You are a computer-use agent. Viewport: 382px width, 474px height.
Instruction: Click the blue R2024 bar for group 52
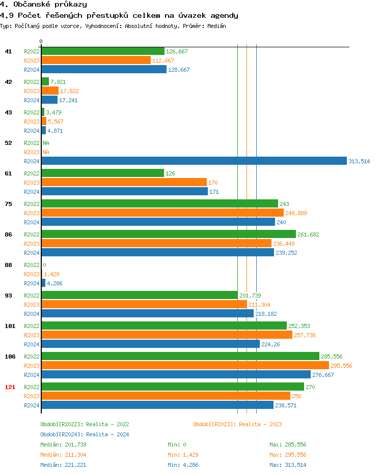[x=194, y=161]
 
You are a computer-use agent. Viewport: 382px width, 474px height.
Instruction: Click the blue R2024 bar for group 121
[x=157, y=405]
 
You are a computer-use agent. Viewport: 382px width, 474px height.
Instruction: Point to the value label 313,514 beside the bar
[x=359, y=161]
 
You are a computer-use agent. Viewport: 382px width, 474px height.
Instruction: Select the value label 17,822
[x=69, y=91]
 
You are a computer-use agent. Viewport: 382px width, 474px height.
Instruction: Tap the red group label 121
[x=10, y=387]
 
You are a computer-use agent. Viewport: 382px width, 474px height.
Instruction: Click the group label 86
[x=8, y=234]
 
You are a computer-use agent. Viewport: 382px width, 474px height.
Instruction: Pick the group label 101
[x=10, y=326]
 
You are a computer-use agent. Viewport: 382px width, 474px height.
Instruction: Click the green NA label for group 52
[x=46, y=143]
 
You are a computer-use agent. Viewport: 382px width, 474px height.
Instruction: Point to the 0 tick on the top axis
[x=41, y=41]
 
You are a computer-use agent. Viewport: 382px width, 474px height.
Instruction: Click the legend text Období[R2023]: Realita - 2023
[x=237, y=424]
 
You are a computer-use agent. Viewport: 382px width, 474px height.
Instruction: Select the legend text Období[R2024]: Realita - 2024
[x=85, y=434]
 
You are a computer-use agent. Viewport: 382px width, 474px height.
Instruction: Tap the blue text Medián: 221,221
[x=63, y=465]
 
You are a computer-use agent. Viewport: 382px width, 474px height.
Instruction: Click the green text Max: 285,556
[x=288, y=445]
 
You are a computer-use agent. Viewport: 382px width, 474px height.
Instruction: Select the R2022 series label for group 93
[x=32, y=295]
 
